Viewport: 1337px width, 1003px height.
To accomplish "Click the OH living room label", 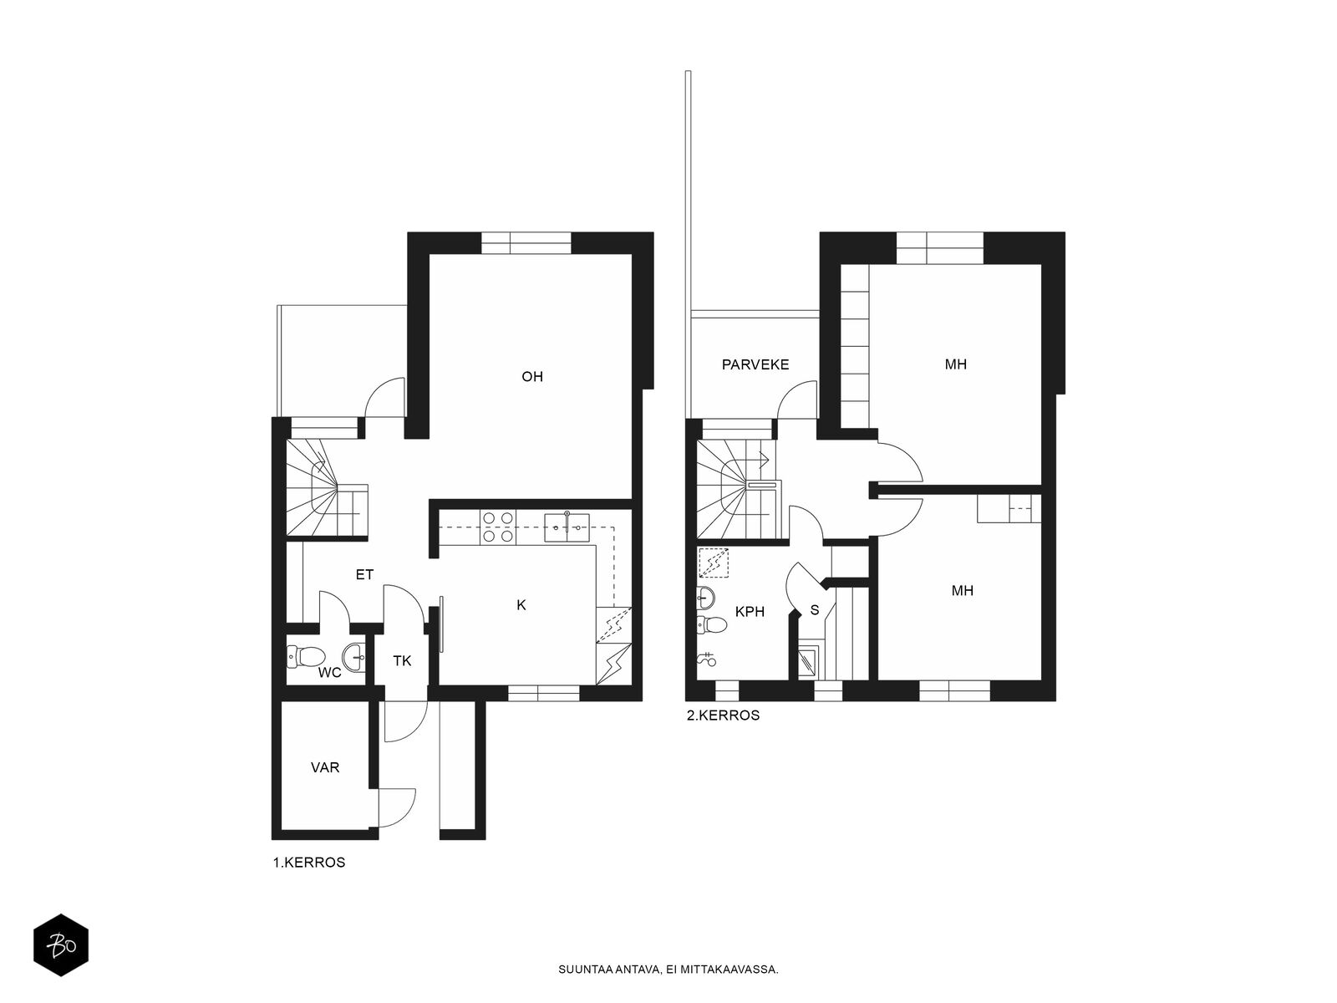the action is coord(531,376).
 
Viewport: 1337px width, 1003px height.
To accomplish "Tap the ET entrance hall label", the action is coord(364,574).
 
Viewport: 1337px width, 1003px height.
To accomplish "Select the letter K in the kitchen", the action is coord(521,604).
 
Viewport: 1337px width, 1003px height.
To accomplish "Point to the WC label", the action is coord(329,673).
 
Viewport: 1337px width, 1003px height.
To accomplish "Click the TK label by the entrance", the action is coord(402,661).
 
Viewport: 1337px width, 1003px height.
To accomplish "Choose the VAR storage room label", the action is coord(325,767).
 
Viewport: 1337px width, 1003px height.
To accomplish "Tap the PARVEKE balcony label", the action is coord(755,364).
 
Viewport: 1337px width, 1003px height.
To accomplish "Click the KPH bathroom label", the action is coord(750,612).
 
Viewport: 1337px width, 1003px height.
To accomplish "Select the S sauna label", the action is coord(815,609).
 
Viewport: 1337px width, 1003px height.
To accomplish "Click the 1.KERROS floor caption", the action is coord(309,863).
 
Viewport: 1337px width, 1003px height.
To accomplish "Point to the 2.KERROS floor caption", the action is coord(723,715).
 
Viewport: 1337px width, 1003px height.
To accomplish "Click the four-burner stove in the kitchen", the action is coord(498,527).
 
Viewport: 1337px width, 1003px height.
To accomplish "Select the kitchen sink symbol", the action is coord(567,527).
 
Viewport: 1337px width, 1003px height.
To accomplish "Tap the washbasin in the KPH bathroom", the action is coord(706,598).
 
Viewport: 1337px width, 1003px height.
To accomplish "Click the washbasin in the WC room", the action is coord(354,657).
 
